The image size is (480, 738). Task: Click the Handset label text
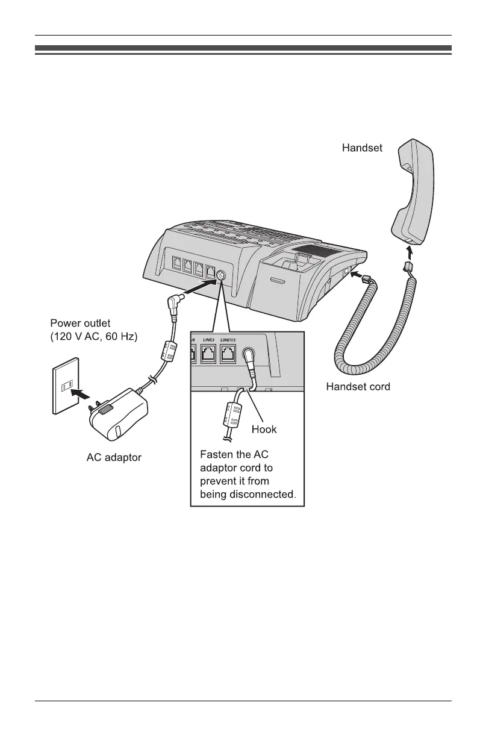(x=362, y=147)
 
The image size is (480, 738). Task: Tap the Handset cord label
(x=358, y=386)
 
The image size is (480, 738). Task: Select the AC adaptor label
(x=114, y=458)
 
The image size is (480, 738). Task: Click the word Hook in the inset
(x=264, y=430)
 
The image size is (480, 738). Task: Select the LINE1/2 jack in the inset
(x=228, y=355)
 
